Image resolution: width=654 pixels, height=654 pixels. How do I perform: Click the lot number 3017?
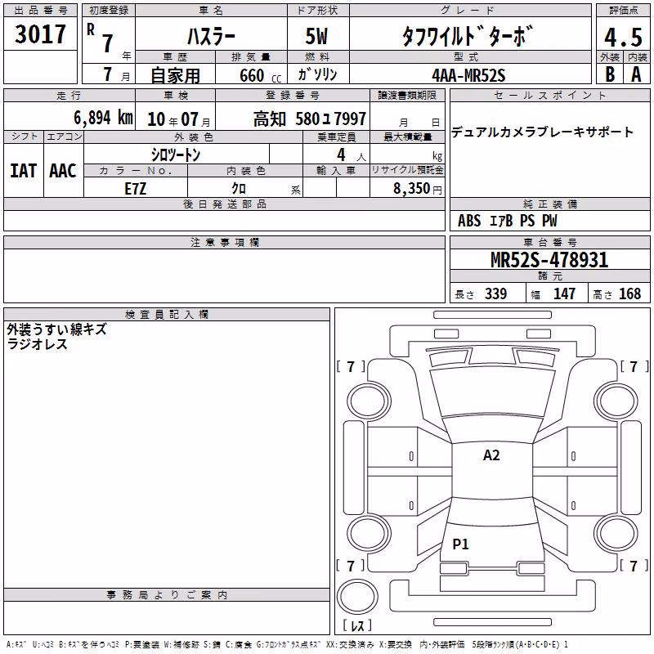pyautogui.click(x=40, y=34)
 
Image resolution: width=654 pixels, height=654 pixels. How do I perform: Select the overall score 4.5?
pyautogui.click(x=623, y=37)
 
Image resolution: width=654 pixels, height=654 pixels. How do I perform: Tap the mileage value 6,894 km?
pyautogui.click(x=104, y=118)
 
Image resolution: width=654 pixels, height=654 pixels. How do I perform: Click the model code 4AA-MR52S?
pyautogui.click(x=468, y=75)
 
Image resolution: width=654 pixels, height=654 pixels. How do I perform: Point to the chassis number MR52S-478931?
pyautogui.click(x=549, y=260)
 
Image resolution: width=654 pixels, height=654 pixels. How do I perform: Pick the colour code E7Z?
pyautogui.click(x=136, y=189)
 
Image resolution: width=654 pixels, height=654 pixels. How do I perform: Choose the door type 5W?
pyautogui.click(x=316, y=36)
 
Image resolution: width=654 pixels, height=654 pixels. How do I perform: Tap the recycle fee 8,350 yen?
pyautogui.click(x=418, y=189)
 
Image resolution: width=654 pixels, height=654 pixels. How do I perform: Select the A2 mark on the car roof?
pyautogui.click(x=491, y=455)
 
